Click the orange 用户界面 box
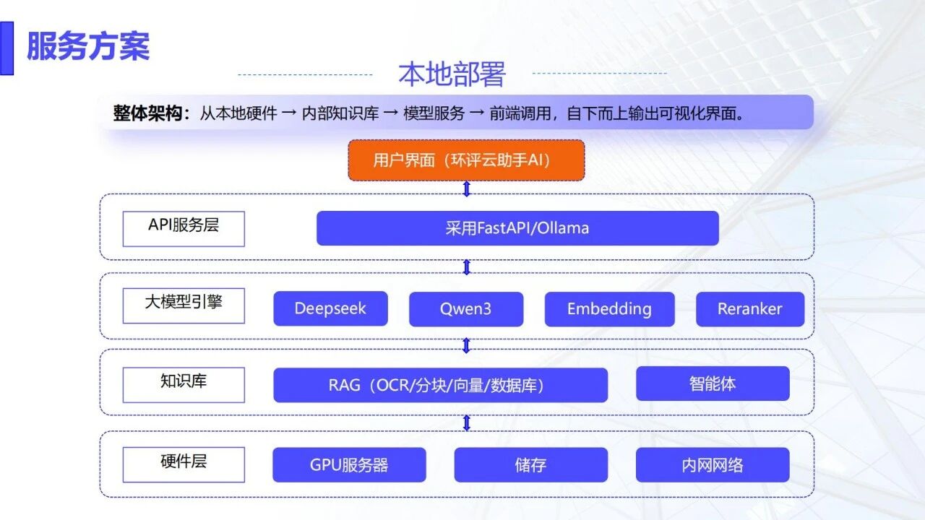click(x=466, y=160)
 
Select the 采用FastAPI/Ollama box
click(x=517, y=228)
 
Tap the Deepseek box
click(x=330, y=309)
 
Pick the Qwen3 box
click(x=466, y=309)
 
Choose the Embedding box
click(x=609, y=309)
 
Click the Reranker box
click(x=750, y=309)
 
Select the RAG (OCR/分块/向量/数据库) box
click(x=440, y=385)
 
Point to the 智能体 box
click(x=713, y=383)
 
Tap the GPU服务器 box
click(x=349, y=465)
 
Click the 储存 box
click(x=531, y=465)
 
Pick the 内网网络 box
click(x=713, y=465)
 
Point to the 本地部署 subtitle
click(x=452, y=74)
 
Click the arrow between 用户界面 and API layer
click(x=467, y=188)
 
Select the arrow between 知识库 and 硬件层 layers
click(x=467, y=422)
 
